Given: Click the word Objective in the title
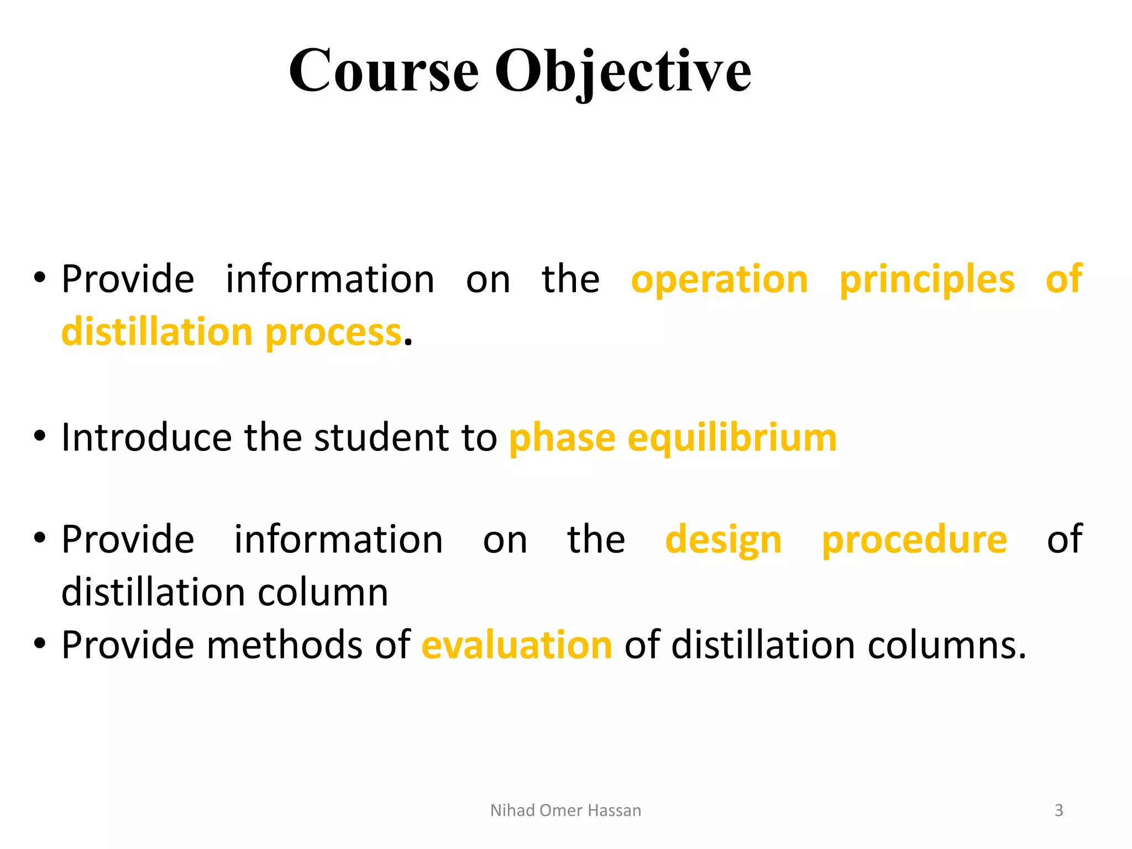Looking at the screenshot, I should (622, 72).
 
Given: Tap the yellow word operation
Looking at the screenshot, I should (719, 280).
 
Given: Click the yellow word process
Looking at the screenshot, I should (333, 333).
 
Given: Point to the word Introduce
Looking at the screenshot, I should (146, 438).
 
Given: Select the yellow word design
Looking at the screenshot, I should (723, 541).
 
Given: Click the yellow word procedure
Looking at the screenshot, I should (914, 541).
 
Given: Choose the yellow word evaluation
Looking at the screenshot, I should (517, 645).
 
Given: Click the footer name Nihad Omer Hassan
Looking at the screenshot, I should (565, 810).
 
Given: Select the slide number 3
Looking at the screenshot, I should (1058, 810).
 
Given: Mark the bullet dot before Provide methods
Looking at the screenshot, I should (39, 644).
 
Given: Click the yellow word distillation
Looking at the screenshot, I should (157, 332).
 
